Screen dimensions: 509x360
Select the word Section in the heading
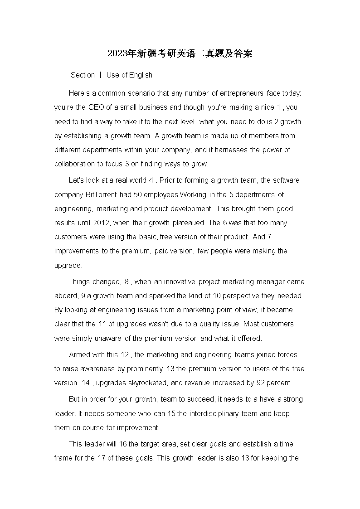click(x=83, y=75)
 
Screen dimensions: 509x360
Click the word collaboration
click(x=75, y=164)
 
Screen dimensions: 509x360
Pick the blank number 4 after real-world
click(x=151, y=180)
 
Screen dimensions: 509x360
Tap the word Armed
click(x=78, y=354)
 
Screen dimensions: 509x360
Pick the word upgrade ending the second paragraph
click(x=68, y=266)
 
